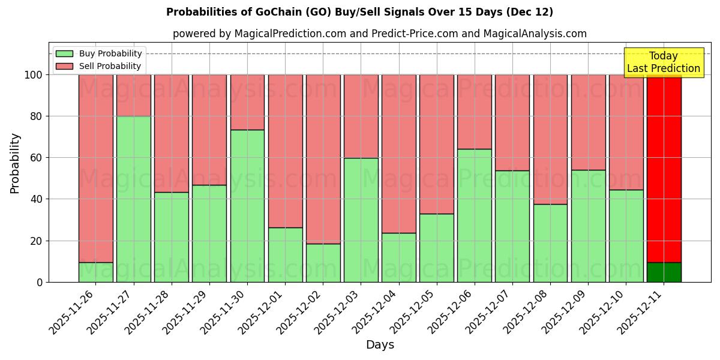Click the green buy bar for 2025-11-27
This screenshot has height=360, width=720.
133,199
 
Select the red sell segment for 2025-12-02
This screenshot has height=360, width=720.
323,159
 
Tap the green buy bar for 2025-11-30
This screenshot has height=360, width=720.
247,206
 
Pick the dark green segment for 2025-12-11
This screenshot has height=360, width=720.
664,272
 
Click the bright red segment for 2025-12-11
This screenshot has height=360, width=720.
664,168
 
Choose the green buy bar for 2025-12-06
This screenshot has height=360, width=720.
475,215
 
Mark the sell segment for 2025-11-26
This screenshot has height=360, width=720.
95,168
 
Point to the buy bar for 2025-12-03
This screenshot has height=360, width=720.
361,220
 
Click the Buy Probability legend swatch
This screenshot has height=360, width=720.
64,53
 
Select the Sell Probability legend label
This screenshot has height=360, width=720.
110,66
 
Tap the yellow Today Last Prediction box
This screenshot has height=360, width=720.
664,62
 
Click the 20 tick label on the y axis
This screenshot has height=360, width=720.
37,241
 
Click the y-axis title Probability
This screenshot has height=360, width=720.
15,163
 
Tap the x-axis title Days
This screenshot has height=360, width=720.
380,345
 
